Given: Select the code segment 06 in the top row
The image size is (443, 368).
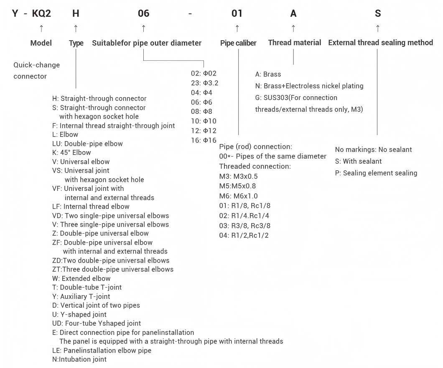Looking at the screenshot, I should (x=143, y=13).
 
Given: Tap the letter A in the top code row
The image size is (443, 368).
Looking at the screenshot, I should (x=293, y=13).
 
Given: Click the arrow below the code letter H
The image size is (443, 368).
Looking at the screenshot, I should (x=76, y=28).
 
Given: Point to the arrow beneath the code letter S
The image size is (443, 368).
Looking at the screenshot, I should (x=378, y=28).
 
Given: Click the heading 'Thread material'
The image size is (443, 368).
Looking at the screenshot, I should (x=295, y=43).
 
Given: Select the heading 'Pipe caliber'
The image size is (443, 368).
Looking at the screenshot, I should (x=238, y=43).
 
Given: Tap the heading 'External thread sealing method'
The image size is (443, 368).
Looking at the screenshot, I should (x=380, y=43).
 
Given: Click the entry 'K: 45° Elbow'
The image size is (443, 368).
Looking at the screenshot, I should (x=71, y=153).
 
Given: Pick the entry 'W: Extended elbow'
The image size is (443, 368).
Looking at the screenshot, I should (x=81, y=278).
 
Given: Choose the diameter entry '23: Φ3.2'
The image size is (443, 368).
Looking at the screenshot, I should (x=205, y=83).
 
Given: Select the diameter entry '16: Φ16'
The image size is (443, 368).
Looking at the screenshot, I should (x=204, y=140).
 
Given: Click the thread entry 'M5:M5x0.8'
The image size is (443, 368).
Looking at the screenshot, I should (x=237, y=186).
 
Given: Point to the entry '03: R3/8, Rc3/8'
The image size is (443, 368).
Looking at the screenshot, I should (x=245, y=226).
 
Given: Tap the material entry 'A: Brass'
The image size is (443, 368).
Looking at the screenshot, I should (x=268, y=74).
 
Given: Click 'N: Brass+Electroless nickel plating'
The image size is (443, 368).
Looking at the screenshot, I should (x=309, y=86).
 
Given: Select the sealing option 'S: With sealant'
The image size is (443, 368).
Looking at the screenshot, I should (x=359, y=161).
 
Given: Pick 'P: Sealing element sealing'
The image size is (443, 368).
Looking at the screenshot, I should (x=376, y=173).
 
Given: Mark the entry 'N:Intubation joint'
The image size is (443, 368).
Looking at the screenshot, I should (x=79, y=359).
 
